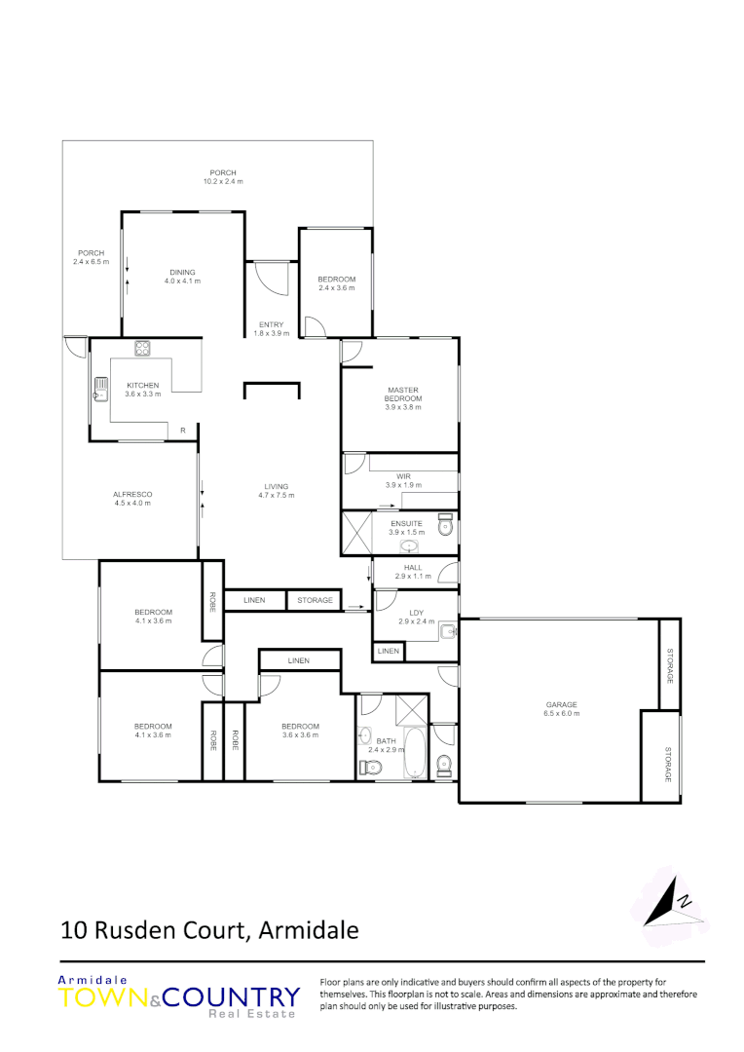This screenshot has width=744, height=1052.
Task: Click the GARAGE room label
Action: click(x=562, y=704)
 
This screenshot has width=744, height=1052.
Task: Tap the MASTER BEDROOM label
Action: click(x=403, y=394)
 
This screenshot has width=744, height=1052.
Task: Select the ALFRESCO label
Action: click(x=132, y=494)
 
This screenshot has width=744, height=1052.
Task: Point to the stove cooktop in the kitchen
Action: click(x=142, y=348)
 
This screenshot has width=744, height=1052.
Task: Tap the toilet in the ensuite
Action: click(x=446, y=527)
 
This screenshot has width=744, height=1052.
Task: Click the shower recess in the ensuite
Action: click(x=356, y=533)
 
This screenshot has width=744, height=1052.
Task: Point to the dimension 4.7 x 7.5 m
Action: click(x=277, y=495)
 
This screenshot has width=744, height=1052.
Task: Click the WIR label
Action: click(x=403, y=476)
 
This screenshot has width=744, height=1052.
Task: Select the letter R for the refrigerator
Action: click(x=182, y=431)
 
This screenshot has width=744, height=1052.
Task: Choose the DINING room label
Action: click(x=182, y=272)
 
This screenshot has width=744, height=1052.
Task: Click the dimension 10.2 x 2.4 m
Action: click(x=223, y=182)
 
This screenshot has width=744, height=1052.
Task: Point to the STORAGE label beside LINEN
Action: click(x=316, y=600)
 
